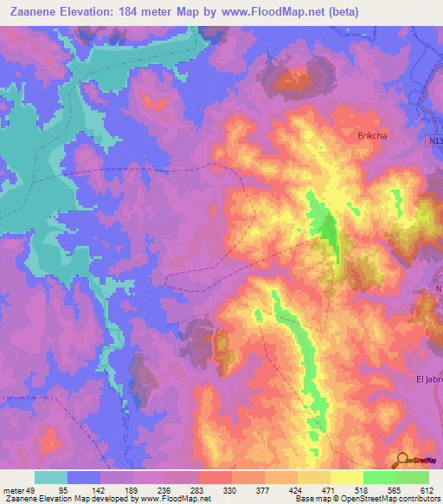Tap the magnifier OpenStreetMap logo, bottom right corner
416,462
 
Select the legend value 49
34,489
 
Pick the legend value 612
427,489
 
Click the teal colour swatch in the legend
51,477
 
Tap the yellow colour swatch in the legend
346,477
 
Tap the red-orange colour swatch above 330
215,477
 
